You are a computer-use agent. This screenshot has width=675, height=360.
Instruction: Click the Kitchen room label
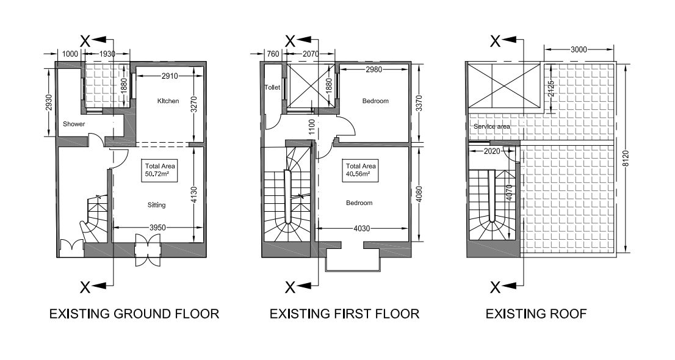(168, 101)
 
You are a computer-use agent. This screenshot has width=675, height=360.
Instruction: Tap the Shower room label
(74, 124)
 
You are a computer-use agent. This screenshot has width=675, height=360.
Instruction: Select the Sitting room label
(156, 205)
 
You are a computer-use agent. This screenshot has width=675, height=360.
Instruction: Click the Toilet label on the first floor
(272, 87)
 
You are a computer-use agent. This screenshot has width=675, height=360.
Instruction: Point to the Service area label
(492, 126)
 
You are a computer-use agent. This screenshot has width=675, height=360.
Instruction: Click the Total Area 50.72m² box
(160, 170)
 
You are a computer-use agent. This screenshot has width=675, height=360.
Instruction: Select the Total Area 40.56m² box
(361, 170)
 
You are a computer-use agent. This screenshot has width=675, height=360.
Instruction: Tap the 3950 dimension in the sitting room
(157, 228)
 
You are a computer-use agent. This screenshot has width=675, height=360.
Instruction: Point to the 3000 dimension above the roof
(579, 49)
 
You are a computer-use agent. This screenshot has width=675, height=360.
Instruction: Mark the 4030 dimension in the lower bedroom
(361, 228)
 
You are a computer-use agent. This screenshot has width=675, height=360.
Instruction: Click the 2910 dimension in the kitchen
(170, 76)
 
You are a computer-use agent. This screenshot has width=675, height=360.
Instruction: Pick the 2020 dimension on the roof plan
(492, 151)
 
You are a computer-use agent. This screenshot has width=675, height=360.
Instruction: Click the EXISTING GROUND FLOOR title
(134, 314)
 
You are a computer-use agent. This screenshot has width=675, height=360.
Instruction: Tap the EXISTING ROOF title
(536, 314)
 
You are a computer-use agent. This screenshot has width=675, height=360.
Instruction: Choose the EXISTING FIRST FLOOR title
(344, 314)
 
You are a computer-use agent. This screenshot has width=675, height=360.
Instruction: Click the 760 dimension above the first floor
(273, 54)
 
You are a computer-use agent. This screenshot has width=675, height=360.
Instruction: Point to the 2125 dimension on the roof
(551, 88)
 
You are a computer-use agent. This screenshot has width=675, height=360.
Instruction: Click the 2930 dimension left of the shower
(49, 103)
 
